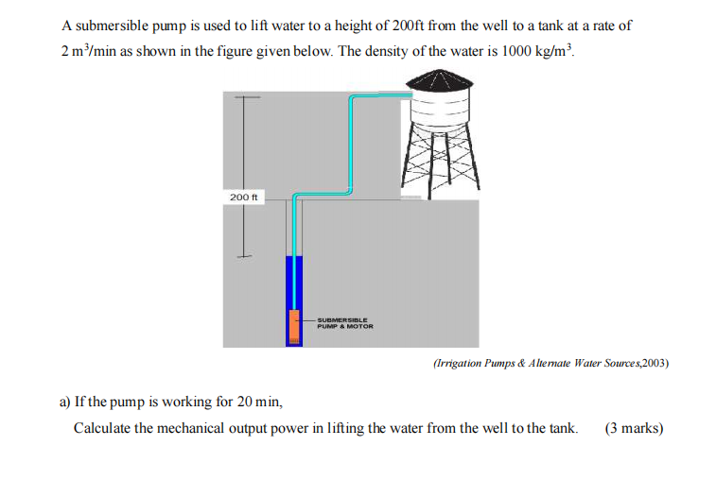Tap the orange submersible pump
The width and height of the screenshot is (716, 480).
294,325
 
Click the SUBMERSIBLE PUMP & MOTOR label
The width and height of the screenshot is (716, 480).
345,323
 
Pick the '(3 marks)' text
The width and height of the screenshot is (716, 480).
634,428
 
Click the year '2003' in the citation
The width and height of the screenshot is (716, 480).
654,362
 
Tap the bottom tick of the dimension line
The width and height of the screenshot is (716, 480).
245,254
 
